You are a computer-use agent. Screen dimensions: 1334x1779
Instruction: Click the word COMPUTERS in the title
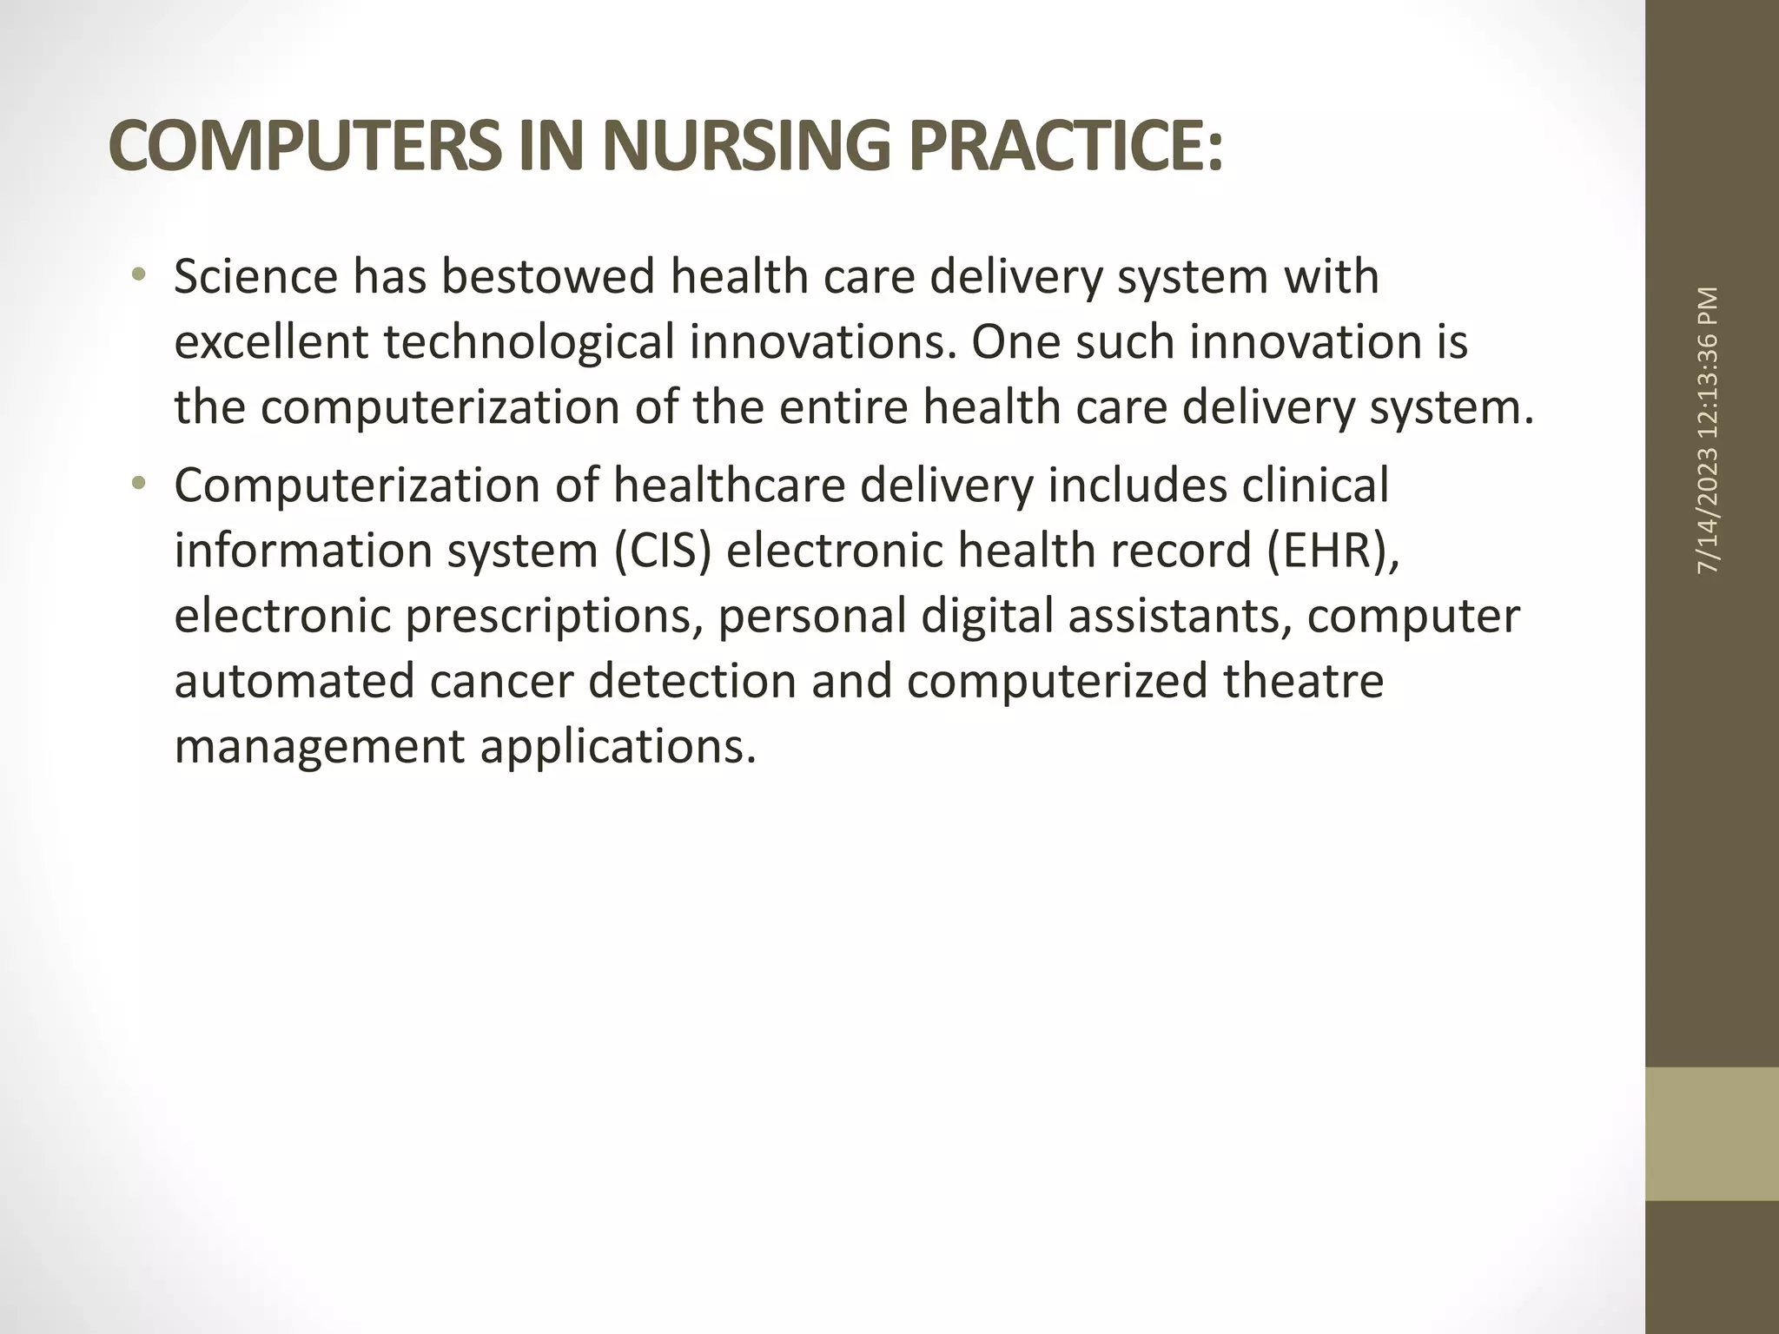(305, 146)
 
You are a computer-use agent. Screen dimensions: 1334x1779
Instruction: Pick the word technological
(529, 343)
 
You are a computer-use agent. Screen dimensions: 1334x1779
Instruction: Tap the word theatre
(1303, 681)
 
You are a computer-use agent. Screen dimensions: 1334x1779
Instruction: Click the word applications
(618, 747)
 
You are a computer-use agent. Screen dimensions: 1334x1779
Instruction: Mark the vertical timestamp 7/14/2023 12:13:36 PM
(1708, 430)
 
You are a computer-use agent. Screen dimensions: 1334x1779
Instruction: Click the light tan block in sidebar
(1711, 1134)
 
